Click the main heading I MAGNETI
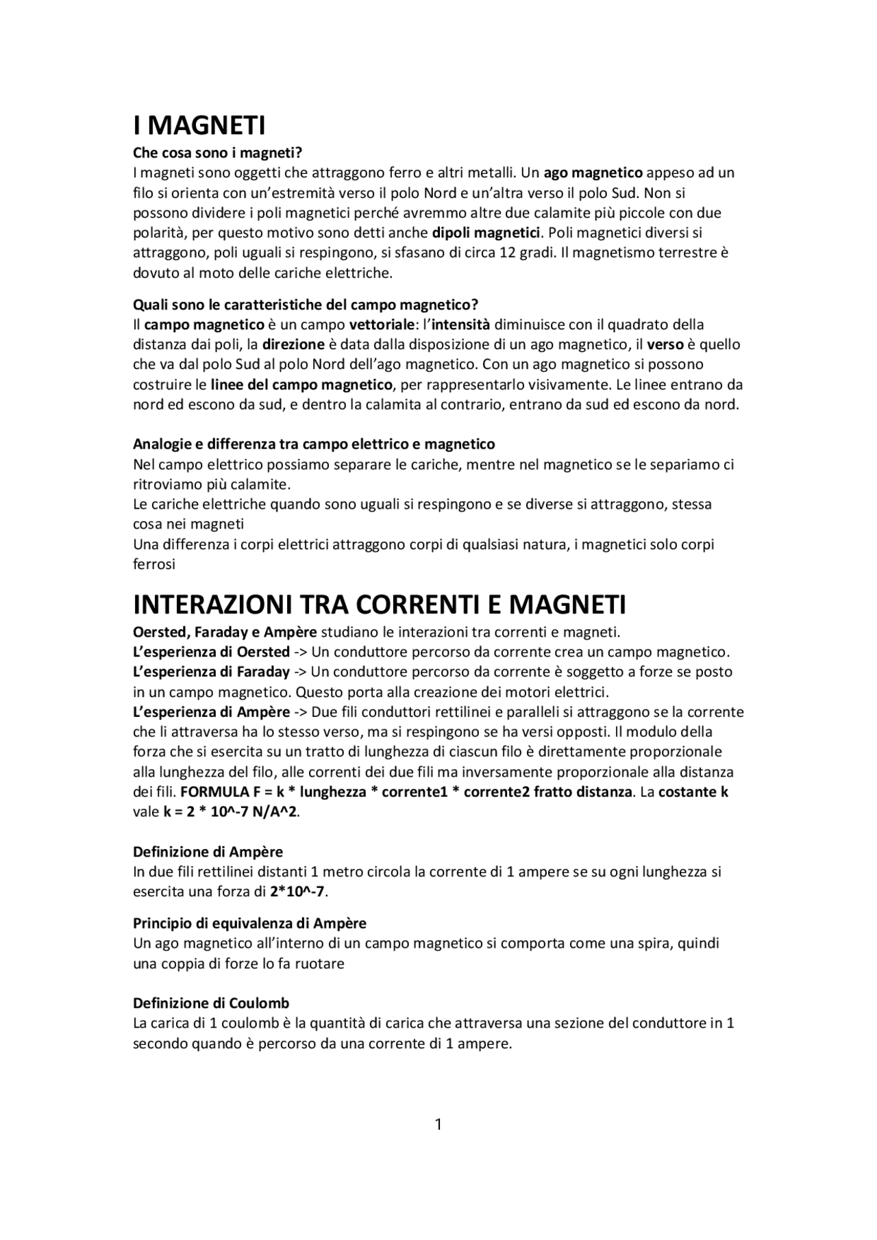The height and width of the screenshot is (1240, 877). (x=199, y=126)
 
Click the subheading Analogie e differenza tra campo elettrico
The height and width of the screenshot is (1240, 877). (x=313, y=444)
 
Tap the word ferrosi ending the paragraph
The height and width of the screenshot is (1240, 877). (x=153, y=565)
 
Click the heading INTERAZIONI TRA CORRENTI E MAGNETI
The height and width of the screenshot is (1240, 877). (x=379, y=605)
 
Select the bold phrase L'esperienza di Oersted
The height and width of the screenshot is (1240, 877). (x=210, y=652)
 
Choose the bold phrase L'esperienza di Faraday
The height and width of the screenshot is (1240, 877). (x=212, y=672)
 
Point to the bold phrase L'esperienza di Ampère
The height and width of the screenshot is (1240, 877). (x=211, y=712)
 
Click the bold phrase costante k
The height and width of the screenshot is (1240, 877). (x=693, y=792)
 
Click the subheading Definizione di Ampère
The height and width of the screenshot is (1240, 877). (x=207, y=852)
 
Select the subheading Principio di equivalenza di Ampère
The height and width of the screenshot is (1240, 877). (x=249, y=923)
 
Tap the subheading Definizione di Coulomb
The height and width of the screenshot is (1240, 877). (x=210, y=1003)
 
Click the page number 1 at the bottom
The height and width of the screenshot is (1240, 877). (x=438, y=1124)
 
